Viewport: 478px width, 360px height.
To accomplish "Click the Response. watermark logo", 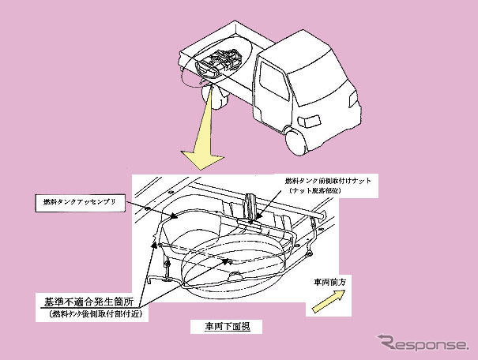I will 423,343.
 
